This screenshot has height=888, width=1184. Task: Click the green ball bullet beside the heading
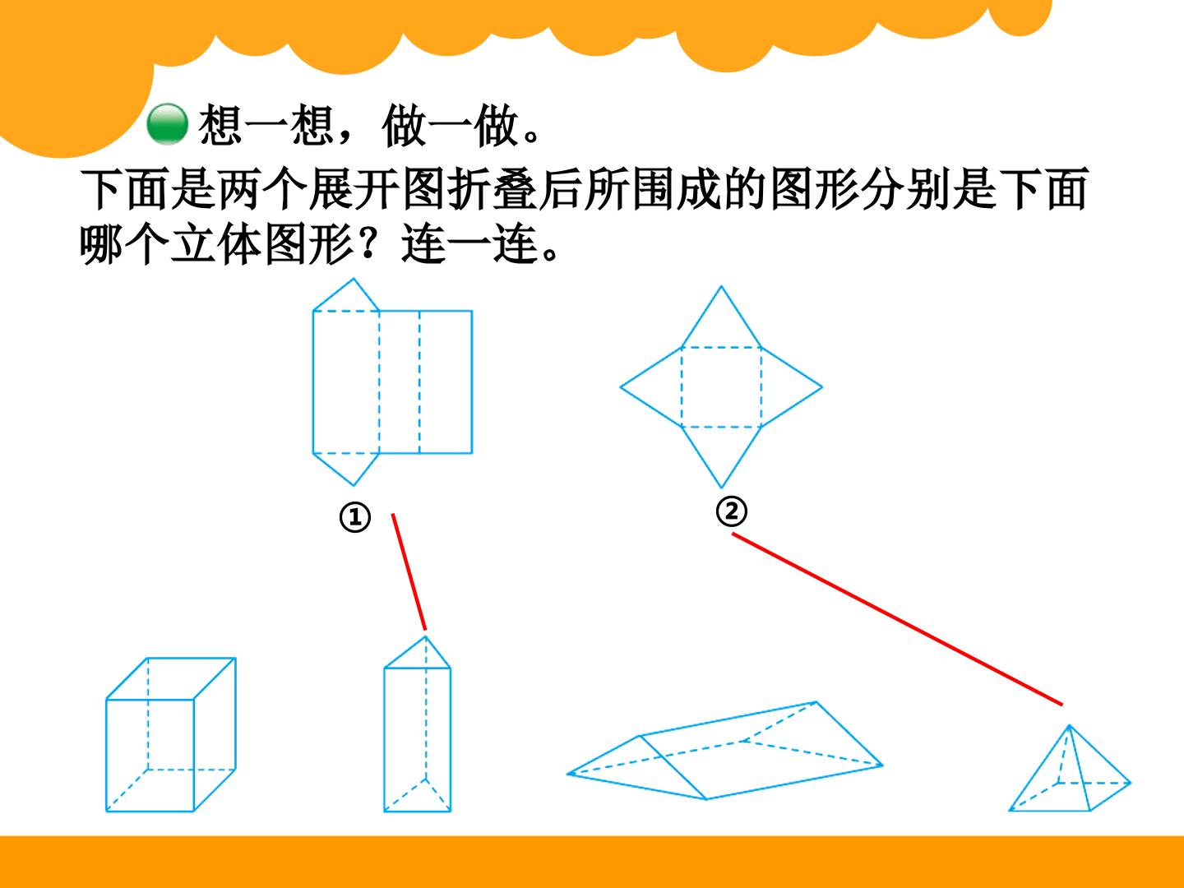point(168,124)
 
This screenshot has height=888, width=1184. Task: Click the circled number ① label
point(355,518)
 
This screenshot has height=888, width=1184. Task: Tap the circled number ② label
point(732,511)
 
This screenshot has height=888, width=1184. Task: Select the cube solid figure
point(171,734)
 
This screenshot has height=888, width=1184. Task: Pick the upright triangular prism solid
point(418,724)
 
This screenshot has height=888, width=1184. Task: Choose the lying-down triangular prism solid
point(725,751)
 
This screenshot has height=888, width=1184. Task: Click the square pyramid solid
point(1070,768)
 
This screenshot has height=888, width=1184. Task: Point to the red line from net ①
point(409,571)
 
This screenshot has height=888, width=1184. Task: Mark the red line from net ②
point(897,619)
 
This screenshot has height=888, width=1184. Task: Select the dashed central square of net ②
point(722,387)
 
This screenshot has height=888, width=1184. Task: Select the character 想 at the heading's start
point(220,125)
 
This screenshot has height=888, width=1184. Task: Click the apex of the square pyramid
point(1070,725)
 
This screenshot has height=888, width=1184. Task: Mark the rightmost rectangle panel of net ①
point(446,382)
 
